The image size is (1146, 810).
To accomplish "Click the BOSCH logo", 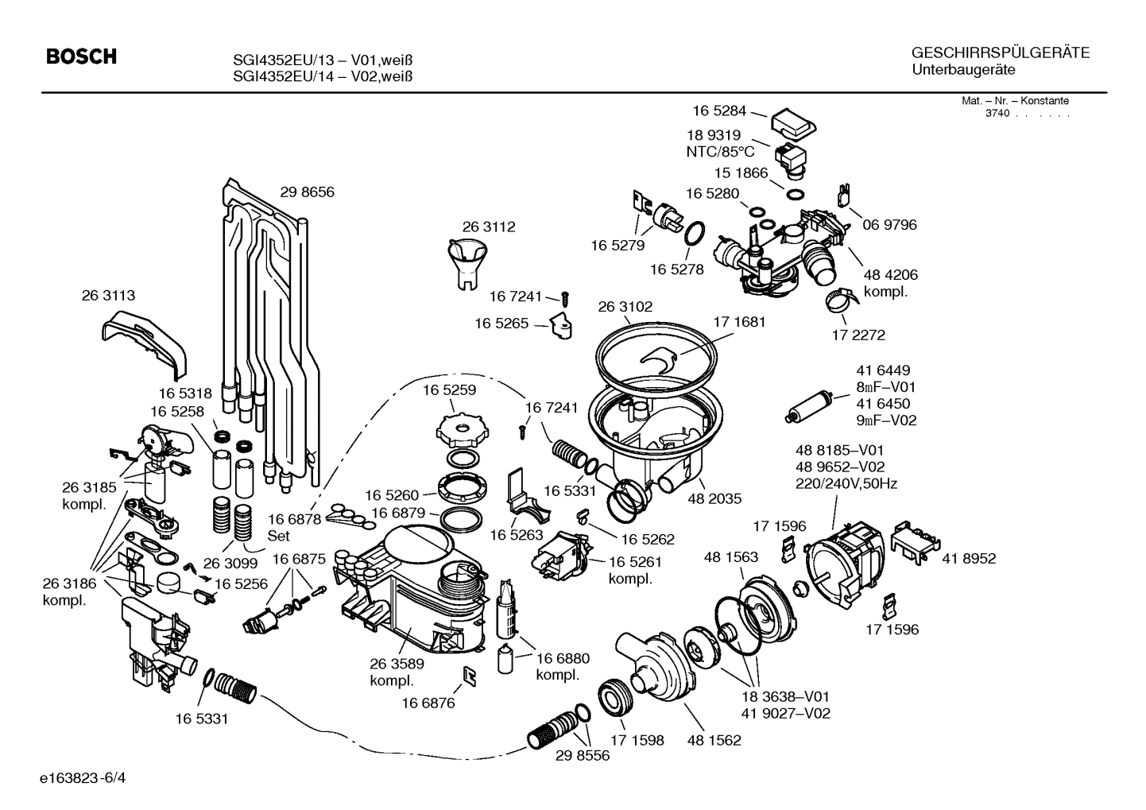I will pos(81,57).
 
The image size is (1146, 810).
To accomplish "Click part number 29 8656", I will pos(307,192).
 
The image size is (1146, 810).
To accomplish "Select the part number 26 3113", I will pos(108,295).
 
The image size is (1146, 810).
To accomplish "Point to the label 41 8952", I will pos(969,559).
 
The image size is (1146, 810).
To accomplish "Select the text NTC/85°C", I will pos(720,151).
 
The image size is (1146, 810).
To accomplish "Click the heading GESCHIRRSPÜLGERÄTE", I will pos(1000,53).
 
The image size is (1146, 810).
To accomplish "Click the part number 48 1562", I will pos(714,740).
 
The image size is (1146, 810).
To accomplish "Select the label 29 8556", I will pos(583,755).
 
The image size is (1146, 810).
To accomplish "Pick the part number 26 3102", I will pos(625,306).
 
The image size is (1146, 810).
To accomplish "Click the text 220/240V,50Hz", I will pos(846,483).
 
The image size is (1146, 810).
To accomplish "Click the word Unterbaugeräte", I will pos(964,70).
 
